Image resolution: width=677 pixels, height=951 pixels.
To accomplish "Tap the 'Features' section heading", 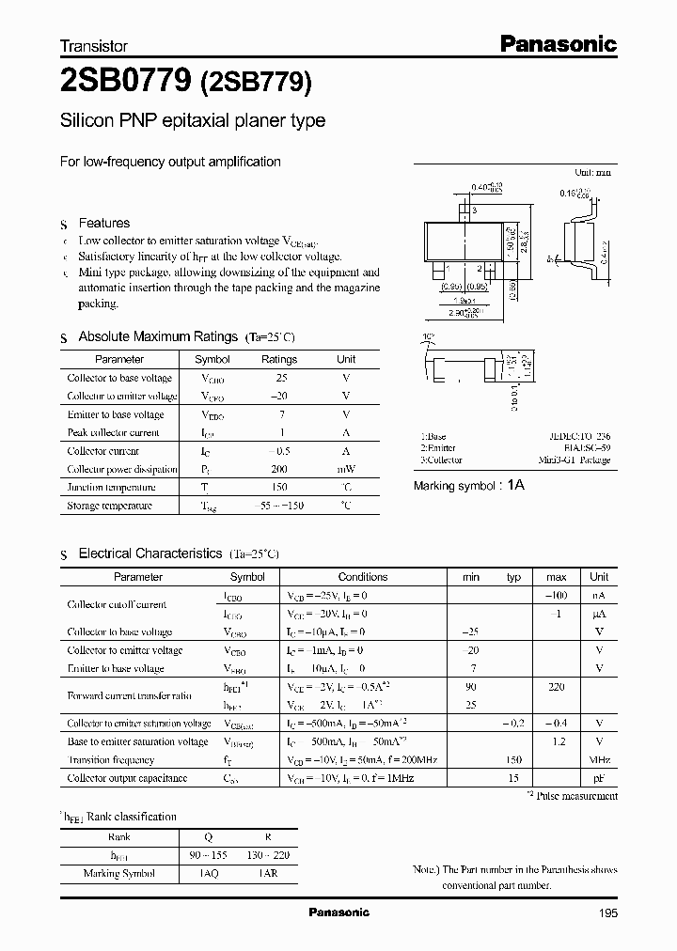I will coord(103,223).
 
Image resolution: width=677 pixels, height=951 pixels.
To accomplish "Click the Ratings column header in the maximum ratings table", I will coord(278,359).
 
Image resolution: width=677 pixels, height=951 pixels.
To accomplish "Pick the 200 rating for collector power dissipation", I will coord(278,469).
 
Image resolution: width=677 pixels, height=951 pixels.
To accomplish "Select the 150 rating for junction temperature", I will coord(278,487).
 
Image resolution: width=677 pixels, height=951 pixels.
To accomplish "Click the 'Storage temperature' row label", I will coord(109,506).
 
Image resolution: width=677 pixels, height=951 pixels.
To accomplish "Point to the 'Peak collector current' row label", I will coord(113,432).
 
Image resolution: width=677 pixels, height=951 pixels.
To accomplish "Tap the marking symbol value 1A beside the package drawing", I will coord(515,486).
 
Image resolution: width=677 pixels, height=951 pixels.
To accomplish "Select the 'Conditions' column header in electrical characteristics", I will coord(362,577).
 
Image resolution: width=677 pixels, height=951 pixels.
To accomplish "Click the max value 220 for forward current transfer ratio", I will coord(556,687).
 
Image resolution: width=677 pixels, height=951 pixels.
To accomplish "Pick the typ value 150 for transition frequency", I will coord(513,759).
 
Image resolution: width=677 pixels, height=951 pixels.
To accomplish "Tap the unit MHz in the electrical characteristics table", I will coord(599,759).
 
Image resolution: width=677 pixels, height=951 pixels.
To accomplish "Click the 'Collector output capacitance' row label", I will coord(127,778).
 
